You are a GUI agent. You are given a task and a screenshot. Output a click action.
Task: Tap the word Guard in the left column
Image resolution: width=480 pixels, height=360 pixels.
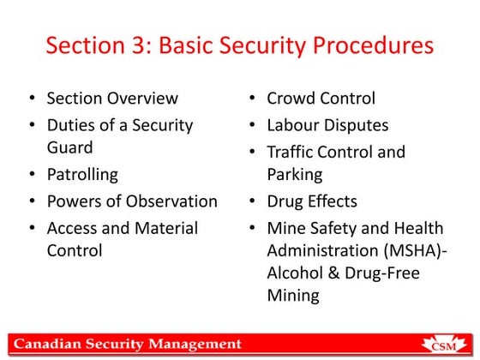[x=69, y=147]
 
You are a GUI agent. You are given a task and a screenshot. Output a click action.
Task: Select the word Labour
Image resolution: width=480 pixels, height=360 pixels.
[x=296, y=125]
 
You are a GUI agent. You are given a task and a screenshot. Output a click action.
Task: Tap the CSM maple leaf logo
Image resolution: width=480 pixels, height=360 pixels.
[x=443, y=343]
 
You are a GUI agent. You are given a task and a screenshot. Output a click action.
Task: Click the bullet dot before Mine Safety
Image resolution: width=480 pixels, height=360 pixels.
[x=253, y=228]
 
